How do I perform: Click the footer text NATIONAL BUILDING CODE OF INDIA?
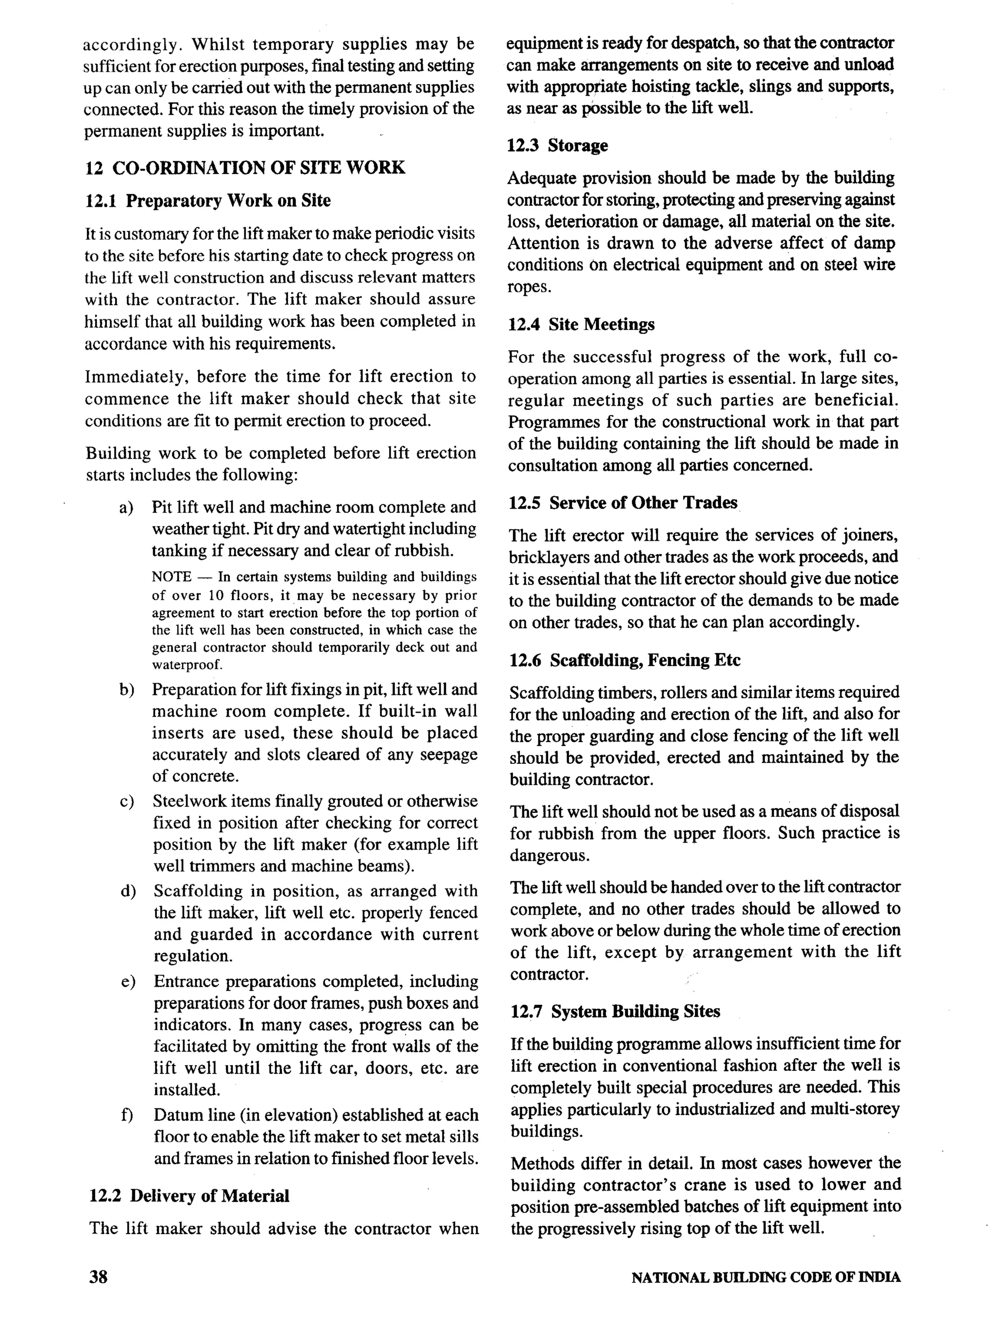765,1278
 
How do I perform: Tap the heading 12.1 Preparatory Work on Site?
207,200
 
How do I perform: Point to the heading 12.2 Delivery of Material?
189,1196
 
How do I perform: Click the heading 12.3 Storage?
557,146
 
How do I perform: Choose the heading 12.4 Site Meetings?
581,325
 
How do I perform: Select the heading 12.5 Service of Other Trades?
622,503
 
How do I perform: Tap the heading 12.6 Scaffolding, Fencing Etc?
624,660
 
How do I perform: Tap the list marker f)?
126,1115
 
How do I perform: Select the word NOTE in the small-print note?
172,578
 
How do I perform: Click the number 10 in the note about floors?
216,596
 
